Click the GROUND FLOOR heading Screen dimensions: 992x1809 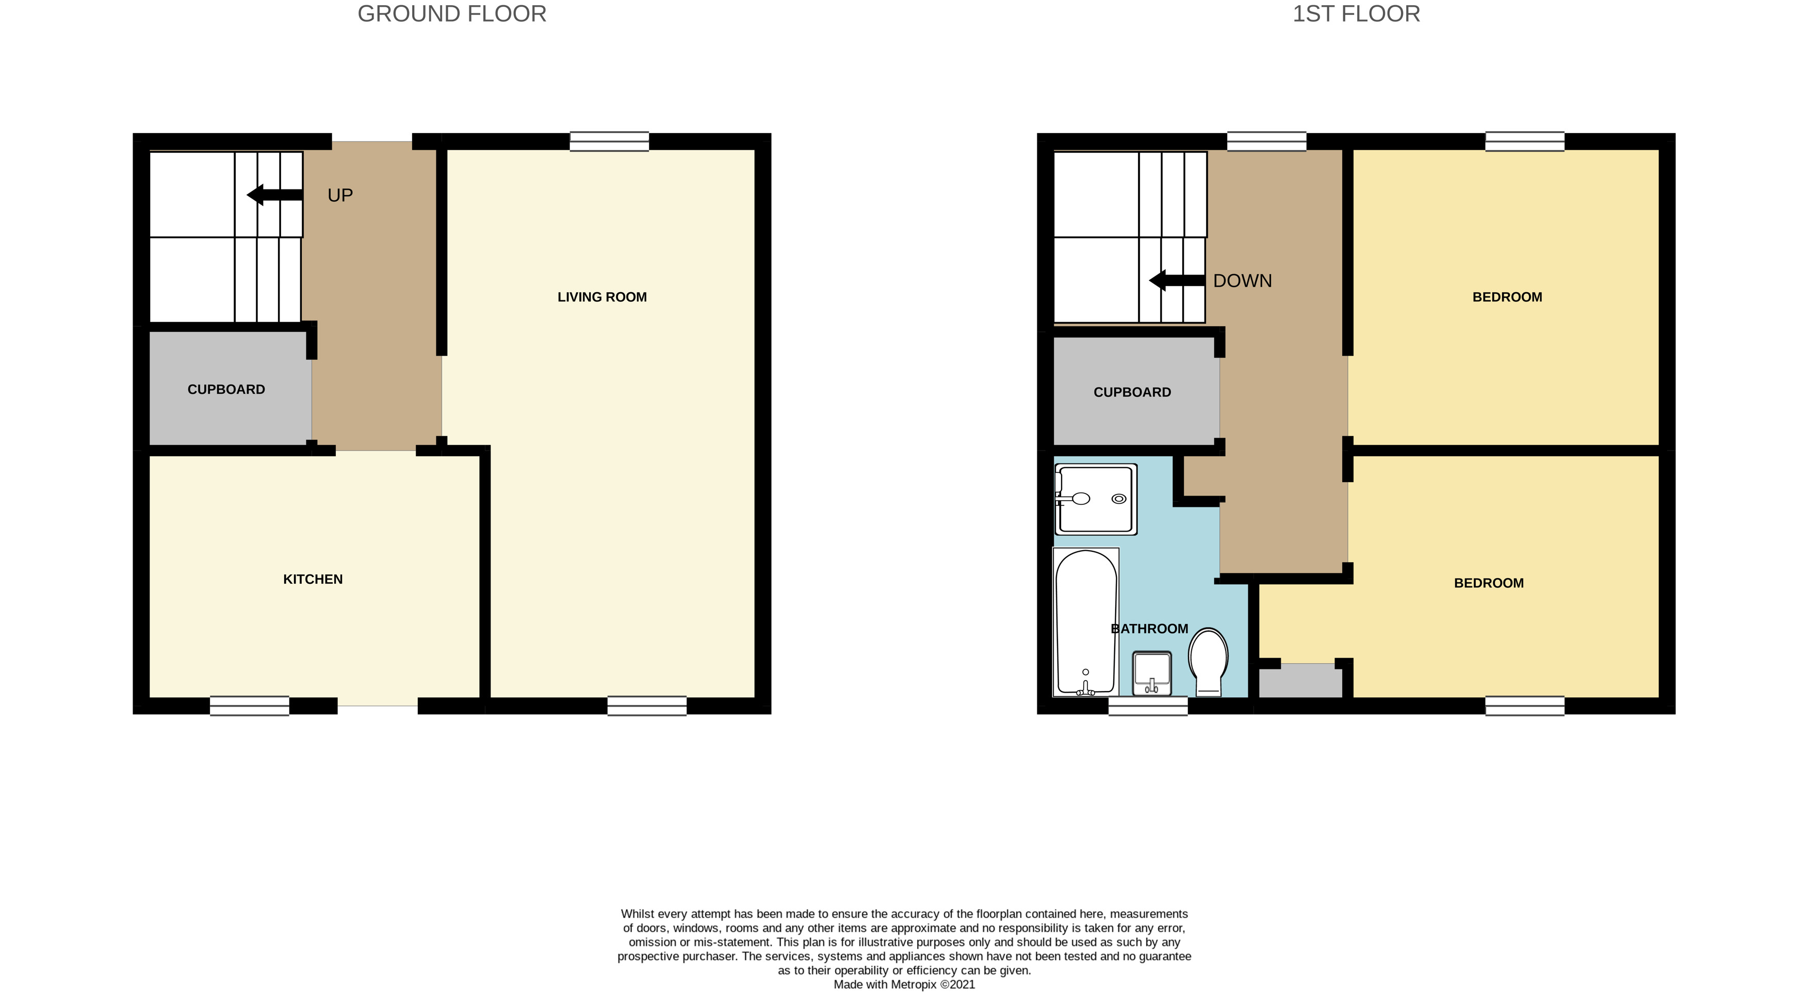[x=451, y=14]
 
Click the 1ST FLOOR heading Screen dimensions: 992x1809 [x=1356, y=14]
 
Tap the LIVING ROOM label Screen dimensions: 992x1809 [x=602, y=297]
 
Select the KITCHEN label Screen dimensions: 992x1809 [x=313, y=580]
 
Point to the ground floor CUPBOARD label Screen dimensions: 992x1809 [x=226, y=390]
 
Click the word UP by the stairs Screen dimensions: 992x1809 [x=340, y=195]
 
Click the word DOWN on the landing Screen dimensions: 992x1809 [x=1242, y=281]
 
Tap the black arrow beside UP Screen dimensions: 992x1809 [x=274, y=195]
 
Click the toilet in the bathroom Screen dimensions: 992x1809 [x=1208, y=661]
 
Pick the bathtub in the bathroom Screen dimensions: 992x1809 [x=1086, y=622]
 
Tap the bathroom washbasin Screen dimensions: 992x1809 [x=1152, y=673]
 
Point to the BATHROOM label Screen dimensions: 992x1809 [x=1150, y=629]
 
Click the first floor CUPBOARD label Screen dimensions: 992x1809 [x=1132, y=393]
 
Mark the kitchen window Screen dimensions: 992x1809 [x=249, y=706]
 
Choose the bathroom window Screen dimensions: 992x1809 [x=1148, y=706]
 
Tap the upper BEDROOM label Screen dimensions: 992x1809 [x=1507, y=297]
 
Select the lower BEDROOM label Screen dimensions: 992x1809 [x=1488, y=583]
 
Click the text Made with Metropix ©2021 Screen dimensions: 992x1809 [x=904, y=984]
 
